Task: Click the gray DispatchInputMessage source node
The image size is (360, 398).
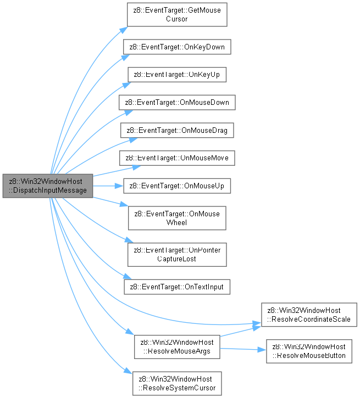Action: point(48,186)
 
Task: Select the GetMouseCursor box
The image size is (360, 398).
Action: point(177,14)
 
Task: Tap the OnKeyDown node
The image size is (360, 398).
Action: point(177,47)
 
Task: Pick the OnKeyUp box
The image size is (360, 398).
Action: point(177,75)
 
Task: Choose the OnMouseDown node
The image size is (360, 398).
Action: point(177,103)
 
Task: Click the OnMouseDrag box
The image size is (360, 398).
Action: point(177,131)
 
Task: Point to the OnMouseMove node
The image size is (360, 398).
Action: point(177,158)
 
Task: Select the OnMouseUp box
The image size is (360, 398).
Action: point(177,186)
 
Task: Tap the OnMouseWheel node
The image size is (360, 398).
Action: point(177,218)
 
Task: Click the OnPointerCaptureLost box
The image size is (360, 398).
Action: point(177,255)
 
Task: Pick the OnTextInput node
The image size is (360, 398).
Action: point(177,287)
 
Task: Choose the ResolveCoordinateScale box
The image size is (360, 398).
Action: point(309,315)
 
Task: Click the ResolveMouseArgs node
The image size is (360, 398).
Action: point(177,347)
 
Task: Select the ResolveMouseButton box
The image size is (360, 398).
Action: point(309,351)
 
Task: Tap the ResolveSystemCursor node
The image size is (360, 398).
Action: point(177,384)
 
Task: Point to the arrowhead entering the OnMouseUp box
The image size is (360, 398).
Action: point(119,186)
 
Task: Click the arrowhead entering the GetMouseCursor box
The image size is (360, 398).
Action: point(124,30)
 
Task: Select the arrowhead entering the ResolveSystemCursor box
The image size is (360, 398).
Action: point(128,371)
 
